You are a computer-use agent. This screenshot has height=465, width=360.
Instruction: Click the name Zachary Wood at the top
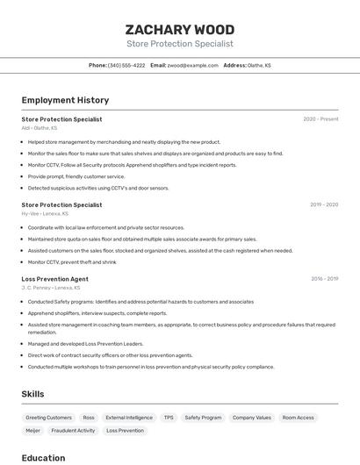coord(180,29)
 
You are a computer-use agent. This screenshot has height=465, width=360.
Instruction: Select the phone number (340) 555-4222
coord(126,65)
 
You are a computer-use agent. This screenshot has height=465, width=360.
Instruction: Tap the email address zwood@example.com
coord(192,65)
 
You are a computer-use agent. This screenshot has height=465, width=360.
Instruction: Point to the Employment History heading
coord(65,100)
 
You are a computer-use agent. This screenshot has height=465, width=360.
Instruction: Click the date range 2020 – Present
coord(320,119)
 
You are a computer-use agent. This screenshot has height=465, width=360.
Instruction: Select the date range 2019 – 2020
coord(324,204)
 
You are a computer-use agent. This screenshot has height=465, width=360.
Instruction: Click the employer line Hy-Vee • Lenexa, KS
coord(46,213)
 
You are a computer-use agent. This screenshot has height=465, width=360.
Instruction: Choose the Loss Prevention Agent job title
coord(54,279)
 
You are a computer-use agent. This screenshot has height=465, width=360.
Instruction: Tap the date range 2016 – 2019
coord(324,279)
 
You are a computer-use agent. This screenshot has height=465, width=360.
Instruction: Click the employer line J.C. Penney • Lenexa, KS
coord(50,288)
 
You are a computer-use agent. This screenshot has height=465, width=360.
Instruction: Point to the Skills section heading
coord(33,394)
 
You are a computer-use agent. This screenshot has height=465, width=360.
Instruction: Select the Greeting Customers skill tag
coord(48,418)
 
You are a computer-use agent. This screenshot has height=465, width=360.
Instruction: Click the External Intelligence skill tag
coord(129,418)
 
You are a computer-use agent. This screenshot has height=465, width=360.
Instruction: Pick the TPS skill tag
coord(169,418)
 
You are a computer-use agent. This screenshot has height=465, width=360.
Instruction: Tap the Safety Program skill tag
coord(204,418)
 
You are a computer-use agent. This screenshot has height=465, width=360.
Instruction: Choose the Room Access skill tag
coord(298,418)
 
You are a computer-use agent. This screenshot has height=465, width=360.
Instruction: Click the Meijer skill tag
coord(32,431)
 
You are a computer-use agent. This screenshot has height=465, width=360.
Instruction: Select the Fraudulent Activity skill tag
coord(73,431)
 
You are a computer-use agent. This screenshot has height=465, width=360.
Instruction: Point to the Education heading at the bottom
coord(43,458)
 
